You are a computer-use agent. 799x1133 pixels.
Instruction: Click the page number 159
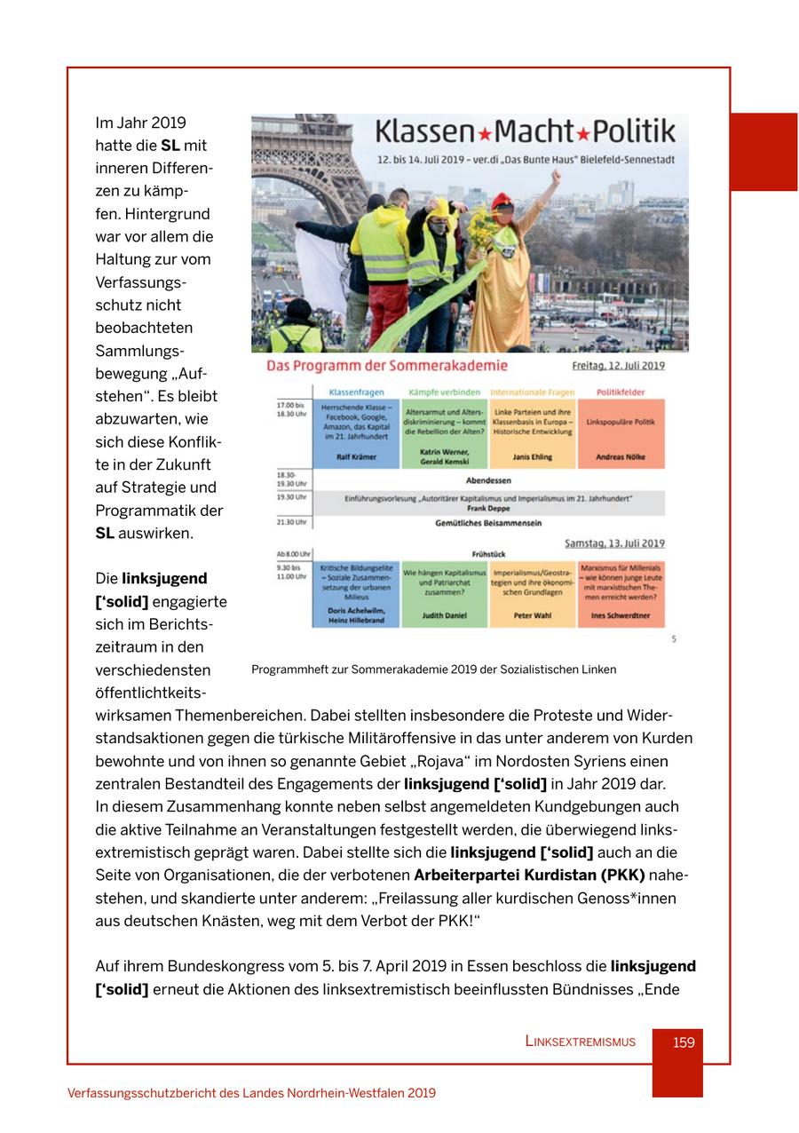(x=683, y=1042)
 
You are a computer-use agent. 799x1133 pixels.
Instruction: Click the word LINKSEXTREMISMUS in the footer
(x=580, y=1042)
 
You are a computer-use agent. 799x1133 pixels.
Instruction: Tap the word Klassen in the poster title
(x=425, y=132)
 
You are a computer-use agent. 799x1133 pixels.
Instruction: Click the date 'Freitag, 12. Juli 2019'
(x=618, y=366)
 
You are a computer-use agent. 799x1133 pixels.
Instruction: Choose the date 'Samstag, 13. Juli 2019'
(x=614, y=543)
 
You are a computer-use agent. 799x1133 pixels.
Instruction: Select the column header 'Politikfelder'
(x=621, y=392)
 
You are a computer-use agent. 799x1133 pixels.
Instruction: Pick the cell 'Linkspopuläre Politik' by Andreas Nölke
(x=621, y=433)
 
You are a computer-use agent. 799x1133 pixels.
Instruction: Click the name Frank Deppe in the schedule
(x=487, y=509)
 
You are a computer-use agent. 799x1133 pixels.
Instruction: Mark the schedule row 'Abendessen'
(x=487, y=480)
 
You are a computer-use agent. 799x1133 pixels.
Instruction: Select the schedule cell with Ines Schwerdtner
(x=621, y=594)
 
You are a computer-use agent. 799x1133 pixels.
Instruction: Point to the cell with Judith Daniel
(x=444, y=594)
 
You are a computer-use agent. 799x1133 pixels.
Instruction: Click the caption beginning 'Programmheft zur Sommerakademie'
(x=433, y=669)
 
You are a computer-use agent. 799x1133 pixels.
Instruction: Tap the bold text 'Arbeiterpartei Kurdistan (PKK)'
(x=529, y=875)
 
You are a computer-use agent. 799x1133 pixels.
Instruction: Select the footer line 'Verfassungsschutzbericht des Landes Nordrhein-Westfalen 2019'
(x=251, y=1093)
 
